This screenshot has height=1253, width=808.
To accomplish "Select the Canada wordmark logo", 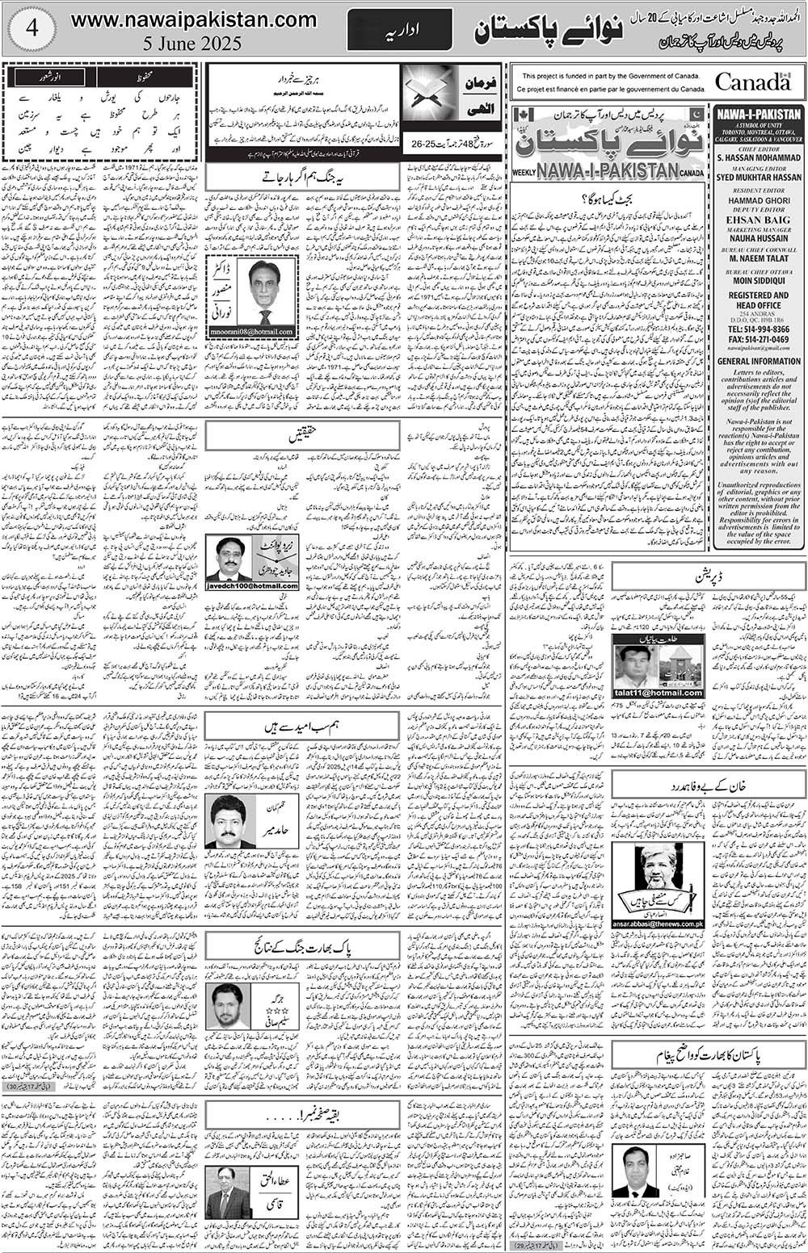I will (x=751, y=82).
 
